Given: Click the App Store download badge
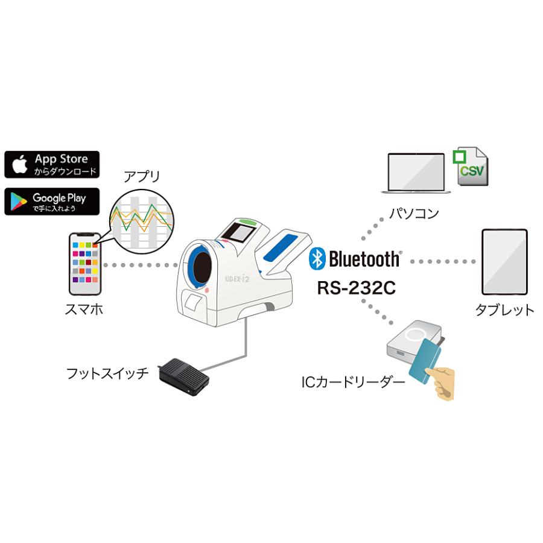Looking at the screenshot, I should point(52,164).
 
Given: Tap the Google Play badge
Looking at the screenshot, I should point(52,202).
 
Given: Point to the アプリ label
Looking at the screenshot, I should point(142,177).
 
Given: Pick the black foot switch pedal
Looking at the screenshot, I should point(183,378).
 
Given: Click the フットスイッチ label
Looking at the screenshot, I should point(107,373).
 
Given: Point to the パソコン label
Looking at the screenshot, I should point(413,213).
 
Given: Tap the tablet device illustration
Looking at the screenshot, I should point(504,261).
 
